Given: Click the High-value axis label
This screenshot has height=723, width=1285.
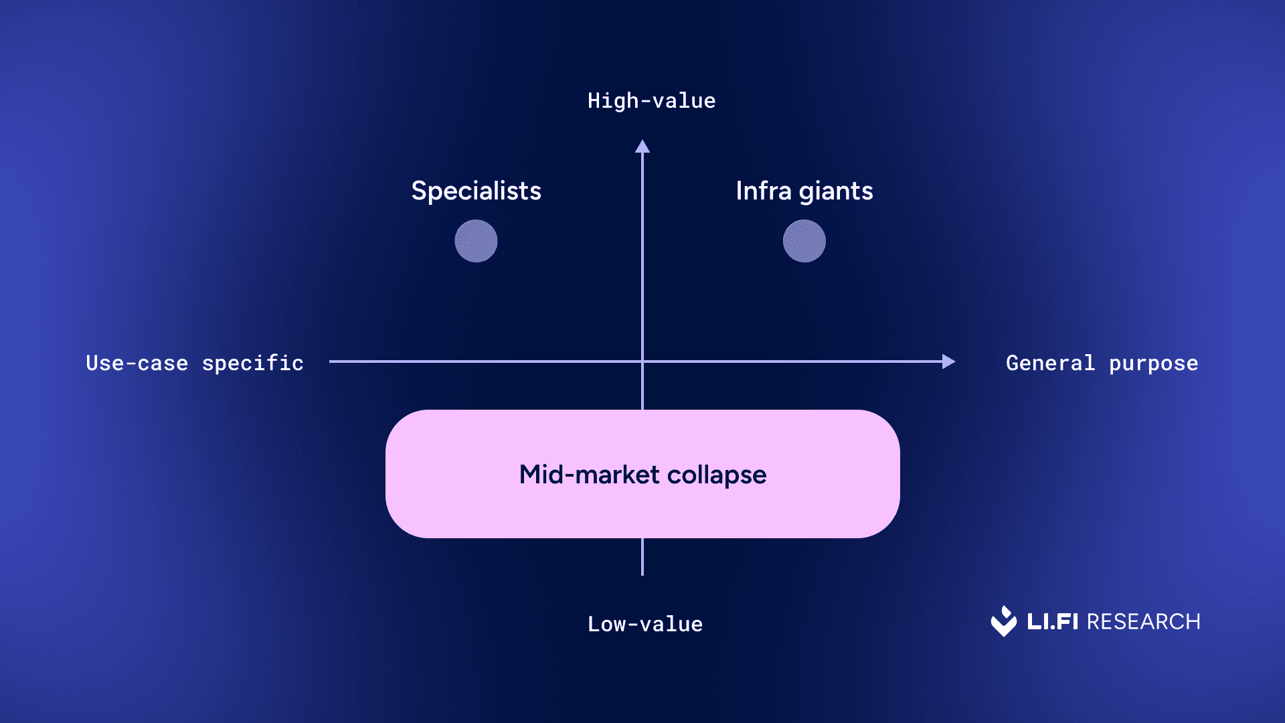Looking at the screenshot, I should coord(651,101).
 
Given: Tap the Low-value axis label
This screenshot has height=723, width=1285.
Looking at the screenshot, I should coord(645,624).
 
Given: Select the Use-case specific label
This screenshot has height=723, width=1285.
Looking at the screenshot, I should coord(195,363).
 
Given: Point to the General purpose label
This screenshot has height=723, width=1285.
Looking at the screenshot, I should coord(1102,363).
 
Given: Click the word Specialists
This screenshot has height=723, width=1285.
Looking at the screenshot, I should coord(476,191).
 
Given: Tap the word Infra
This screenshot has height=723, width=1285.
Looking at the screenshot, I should coord(764,191).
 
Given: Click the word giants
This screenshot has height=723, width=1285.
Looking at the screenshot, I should coord(836,192).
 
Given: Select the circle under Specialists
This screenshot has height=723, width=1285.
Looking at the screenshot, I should coord(476,241).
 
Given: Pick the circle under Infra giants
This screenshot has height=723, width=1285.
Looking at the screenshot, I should coord(804,241).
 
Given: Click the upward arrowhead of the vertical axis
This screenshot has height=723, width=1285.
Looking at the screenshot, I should coord(642,147).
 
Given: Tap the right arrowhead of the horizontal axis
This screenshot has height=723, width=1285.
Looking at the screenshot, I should coord(948,361).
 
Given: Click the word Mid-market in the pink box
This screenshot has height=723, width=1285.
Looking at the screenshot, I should coord(590,475).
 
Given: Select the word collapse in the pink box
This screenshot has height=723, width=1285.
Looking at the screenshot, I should coord(717,475).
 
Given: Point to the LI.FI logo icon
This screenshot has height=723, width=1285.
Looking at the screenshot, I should coord(1003,621).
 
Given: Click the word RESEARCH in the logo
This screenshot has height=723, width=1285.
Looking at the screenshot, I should coord(1143,622).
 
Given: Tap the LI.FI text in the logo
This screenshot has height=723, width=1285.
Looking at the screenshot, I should coord(1052,622).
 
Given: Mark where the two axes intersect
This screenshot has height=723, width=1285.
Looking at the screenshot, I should coord(642,361).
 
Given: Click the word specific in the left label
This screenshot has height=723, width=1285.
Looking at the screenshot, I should coord(253,363).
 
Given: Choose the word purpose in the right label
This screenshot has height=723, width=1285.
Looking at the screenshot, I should coord(1153,364).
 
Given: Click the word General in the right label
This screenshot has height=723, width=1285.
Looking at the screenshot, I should coord(1050,363).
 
